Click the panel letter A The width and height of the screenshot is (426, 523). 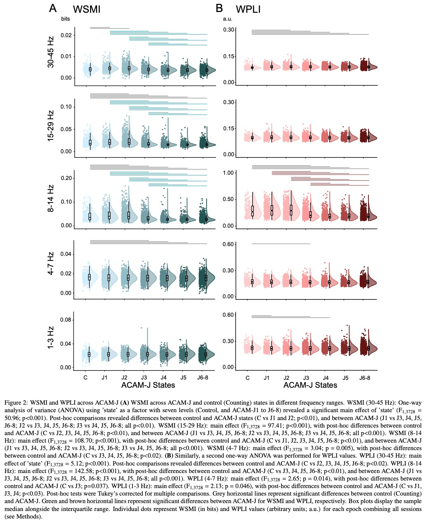point(53,8)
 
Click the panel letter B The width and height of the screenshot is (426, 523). point(219,8)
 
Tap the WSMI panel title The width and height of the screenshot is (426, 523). point(87,9)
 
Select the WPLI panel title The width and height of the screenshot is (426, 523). point(248,9)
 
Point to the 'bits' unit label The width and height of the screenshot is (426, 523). point(65,19)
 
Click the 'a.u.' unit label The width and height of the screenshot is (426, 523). point(227,19)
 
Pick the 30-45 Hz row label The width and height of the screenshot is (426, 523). point(51,52)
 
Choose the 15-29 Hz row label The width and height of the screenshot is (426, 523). point(51,126)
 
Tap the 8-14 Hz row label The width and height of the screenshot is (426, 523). point(51,198)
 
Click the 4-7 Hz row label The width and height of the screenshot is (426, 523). point(51,264)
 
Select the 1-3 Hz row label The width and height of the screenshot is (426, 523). point(51,337)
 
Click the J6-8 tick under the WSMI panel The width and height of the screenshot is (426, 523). point(202,378)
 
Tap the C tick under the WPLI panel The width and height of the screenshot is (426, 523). point(247,378)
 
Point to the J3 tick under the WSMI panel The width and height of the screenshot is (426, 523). point(144,378)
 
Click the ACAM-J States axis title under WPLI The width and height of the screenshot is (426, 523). point(310,385)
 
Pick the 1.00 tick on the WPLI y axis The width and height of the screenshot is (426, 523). point(228,173)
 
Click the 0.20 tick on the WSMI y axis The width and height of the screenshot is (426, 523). point(66,178)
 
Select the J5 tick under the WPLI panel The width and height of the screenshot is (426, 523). point(345,378)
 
